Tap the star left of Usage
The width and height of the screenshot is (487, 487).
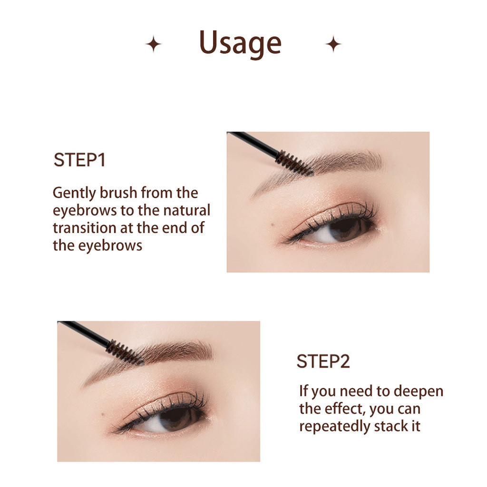[154, 44]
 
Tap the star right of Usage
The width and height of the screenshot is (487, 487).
[333, 44]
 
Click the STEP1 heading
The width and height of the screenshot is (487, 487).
[79, 160]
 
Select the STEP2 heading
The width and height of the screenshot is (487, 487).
[323, 361]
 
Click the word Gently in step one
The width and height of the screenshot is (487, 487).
[75, 194]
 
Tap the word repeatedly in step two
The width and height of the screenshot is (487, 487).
[334, 427]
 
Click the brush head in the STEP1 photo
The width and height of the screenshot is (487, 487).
[294, 164]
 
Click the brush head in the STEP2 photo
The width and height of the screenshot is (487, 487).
[125, 352]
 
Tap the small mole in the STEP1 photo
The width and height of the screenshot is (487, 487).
[273, 224]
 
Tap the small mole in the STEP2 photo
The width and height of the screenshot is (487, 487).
[103, 414]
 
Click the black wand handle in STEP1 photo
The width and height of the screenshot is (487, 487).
[253, 142]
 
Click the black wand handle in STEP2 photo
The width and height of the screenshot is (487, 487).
[84, 331]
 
